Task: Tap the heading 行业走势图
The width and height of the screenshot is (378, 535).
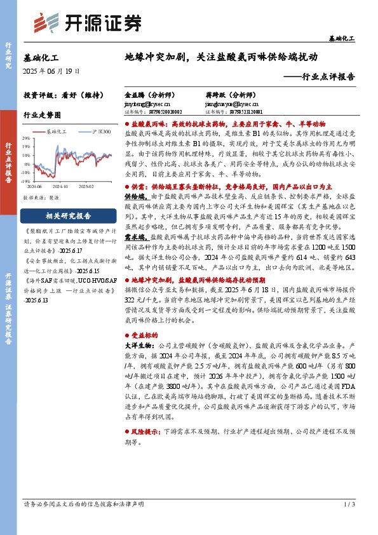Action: coord(42,116)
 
